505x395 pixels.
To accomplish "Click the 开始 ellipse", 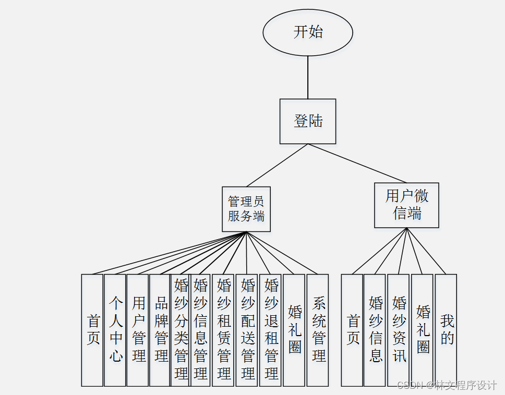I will pos(308,32).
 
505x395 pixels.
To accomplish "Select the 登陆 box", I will pos(308,121).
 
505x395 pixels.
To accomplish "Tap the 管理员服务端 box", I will pos(246,209).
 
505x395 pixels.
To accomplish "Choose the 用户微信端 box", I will pos(406,205).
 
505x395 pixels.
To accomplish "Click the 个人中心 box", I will pos(115,330).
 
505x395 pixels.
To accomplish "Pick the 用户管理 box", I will pos(138,330).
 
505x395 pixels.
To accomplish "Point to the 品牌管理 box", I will pos(160,330).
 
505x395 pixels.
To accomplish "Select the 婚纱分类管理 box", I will pos(181,330).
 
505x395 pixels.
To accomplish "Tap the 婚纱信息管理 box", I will pos(200,330).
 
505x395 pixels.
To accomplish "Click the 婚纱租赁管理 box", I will pos(223,330).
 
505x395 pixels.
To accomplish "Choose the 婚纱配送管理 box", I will pos(247,330).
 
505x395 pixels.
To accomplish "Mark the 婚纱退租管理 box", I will pos(270,330).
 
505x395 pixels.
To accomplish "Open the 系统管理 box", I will pos(318,330).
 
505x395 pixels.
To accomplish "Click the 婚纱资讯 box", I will pos(399,330).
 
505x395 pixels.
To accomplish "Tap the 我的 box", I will pos(446,330).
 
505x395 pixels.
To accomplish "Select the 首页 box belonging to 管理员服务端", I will pos(92,330).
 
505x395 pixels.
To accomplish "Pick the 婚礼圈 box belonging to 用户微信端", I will pos(422,330).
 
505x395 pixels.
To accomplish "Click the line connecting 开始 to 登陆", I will pos(308,77).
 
